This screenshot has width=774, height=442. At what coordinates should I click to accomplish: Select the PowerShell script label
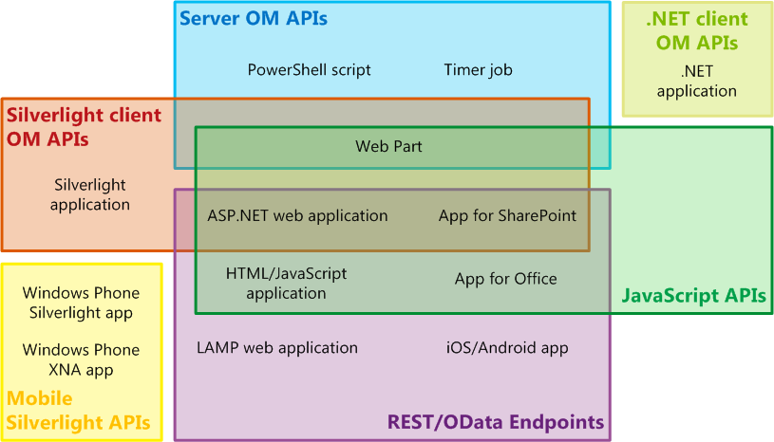tap(309, 69)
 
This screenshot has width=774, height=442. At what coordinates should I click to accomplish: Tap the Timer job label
tap(478, 69)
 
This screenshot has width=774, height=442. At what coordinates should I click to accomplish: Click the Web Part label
tap(388, 146)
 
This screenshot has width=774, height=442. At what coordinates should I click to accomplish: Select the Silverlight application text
tap(90, 194)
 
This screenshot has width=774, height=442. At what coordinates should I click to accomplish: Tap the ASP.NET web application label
tap(297, 215)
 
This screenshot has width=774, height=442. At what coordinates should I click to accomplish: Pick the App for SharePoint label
tap(507, 215)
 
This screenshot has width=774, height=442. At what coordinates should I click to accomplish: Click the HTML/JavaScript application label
tap(286, 283)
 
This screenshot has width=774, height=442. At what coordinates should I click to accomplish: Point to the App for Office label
tap(505, 278)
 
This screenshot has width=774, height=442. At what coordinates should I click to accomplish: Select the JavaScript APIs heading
tap(693, 296)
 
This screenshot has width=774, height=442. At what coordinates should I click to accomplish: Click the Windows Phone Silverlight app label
tap(81, 303)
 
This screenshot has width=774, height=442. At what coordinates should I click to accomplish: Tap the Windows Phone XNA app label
tap(81, 359)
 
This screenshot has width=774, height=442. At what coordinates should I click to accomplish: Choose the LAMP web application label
tap(277, 347)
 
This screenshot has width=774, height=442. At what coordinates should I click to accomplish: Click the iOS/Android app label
tap(507, 347)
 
